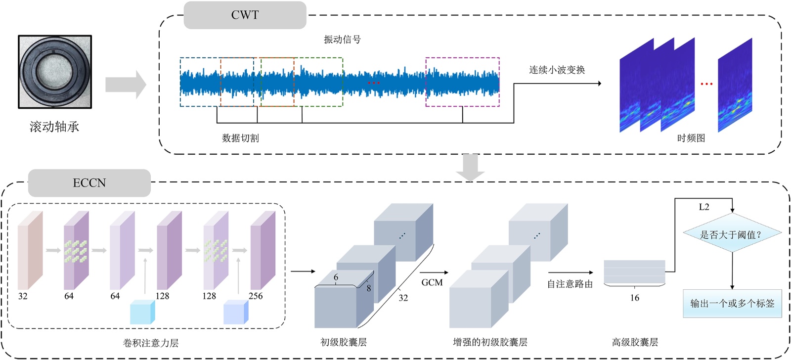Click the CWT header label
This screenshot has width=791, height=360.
coord(245,15)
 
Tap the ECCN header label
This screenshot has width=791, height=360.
coord(89,183)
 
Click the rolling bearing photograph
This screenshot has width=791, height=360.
coord(55,72)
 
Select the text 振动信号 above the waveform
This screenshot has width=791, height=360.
coord(342,40)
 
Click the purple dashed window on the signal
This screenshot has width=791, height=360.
coord(462,82)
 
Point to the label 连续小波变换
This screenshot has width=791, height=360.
coord(557,70)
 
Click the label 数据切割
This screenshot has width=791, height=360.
coord(240,138)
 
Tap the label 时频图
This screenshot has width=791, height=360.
coord(691,138)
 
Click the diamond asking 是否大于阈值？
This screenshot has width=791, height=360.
coord(732,234)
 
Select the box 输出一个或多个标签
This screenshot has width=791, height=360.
coord(732,303)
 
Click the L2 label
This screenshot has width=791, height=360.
coord(704,207)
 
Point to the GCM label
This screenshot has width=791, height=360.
coord(432,282)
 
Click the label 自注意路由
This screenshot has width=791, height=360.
coord(570,284)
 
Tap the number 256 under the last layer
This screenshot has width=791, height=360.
coord(256,296)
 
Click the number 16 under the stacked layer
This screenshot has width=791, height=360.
coord(634,298)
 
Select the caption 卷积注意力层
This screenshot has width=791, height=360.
coord(151,343)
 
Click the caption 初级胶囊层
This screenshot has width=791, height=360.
coord(344,342)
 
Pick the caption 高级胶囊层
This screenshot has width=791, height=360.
coord(635,342)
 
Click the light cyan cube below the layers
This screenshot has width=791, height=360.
coord(142,312)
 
